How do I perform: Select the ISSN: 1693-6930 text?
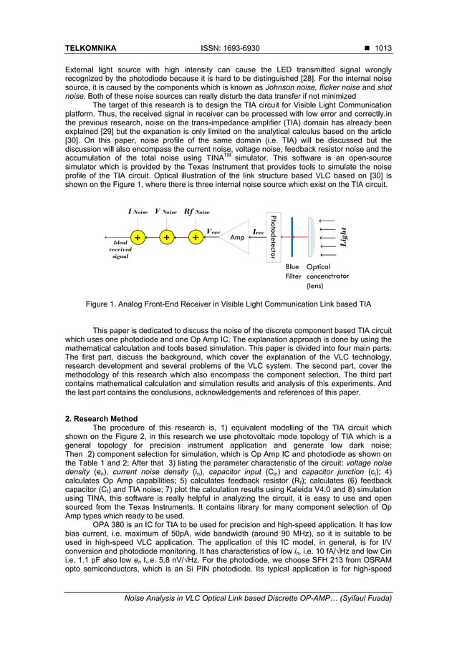click(x=228, y=49)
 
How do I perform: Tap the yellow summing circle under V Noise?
click(x=166, y=237)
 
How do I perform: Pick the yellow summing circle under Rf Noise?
click(x=195, y=237)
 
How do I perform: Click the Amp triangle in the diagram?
click(x=234, y=237)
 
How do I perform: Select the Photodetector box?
click(x=273, y=236)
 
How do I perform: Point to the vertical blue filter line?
click(x=292, y=236)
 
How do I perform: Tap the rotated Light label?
click(x=344, y=236)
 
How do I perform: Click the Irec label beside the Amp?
click(x=259, y=231)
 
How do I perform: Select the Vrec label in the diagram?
click(x=213, y=231)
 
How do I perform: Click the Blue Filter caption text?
click(x=293, y=271)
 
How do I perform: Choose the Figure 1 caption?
click(x=228, y=304)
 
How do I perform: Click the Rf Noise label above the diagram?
click(x=197, y=212)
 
